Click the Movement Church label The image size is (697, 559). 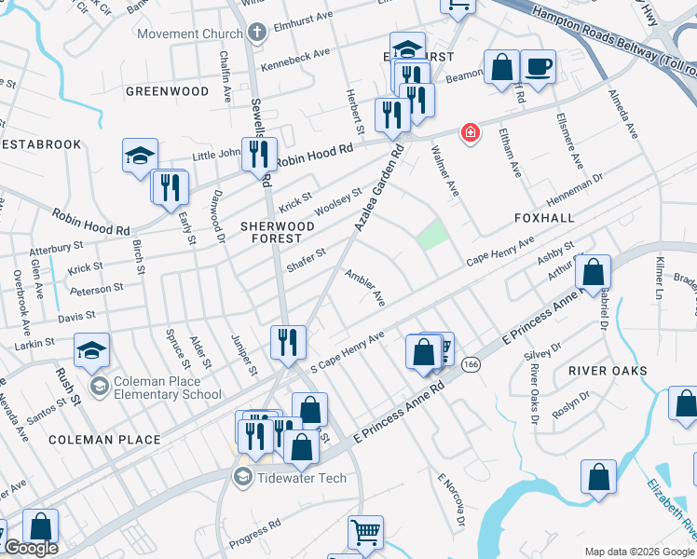[x=190, y=34]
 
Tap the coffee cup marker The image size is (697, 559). [x=538, y=67]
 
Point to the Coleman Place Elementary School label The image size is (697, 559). [x=168, y=387]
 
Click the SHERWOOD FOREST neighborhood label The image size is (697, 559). [x=278, y=232]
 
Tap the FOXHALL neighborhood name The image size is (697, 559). [x=540, y=217]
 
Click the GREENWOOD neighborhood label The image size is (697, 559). [x=168, y=91]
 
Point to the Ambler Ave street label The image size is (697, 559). [x=364, y=288]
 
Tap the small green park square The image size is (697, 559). [x=431, y=235]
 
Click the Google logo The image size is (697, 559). [x=30, y=549]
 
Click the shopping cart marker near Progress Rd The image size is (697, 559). [x=365, y=533]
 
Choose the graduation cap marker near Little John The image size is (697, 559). [x=140, y=155]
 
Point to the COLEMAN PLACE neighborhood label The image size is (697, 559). [x=105, y=439]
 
